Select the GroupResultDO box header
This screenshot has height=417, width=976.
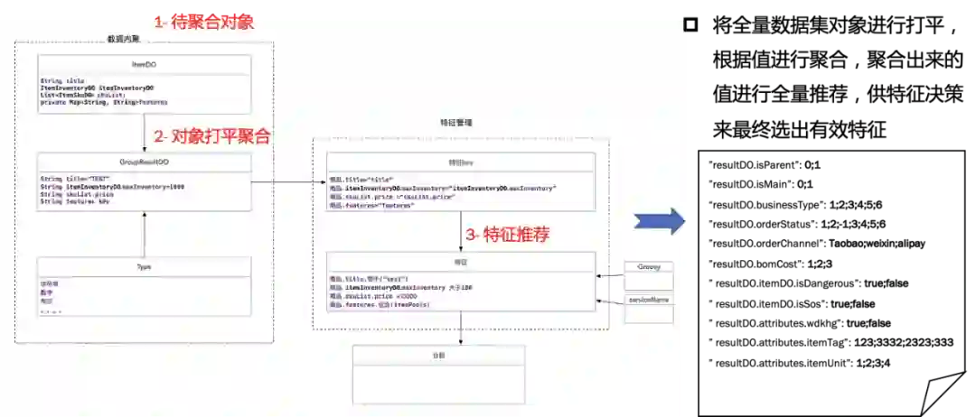tap(145, 162)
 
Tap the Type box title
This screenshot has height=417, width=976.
tap(145, 267)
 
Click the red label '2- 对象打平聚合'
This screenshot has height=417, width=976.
tap(212, 137)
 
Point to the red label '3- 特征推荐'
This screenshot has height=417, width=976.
tap(507, 235)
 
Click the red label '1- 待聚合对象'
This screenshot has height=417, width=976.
tap(202, 22)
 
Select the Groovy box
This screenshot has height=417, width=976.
tap(649, 267)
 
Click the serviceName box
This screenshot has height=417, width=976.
tap(649, 299)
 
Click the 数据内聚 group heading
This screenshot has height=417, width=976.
tap(123, 39)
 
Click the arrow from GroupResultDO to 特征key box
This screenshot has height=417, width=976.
tap(289, 182)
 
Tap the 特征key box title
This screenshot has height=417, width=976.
tap(461, 162)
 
